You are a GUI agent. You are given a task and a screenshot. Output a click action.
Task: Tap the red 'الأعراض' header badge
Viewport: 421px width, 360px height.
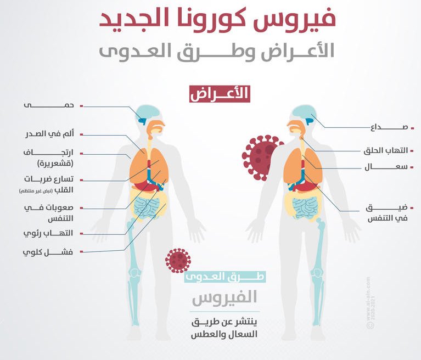[x=220, y=94]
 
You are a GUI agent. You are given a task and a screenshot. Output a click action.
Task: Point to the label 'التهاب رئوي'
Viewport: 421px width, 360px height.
[x=55, y=233]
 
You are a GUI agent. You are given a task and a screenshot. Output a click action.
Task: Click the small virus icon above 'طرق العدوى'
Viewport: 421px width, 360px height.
[x=177, y=260]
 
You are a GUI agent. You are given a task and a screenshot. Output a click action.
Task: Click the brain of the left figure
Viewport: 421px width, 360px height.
[x=147, y=114]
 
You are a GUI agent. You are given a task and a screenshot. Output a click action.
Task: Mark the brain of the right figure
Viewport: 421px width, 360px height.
[x=302, y=114]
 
